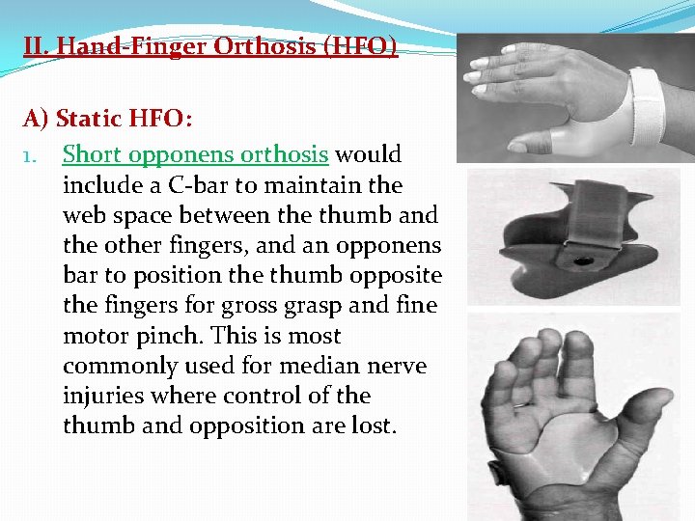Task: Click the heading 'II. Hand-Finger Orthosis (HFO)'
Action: [x=210, y=45]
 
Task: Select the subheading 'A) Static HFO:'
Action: [x=108, y=119]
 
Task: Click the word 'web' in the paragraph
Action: [x=86, y=214]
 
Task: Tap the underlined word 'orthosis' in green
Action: [x=285, y=154]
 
